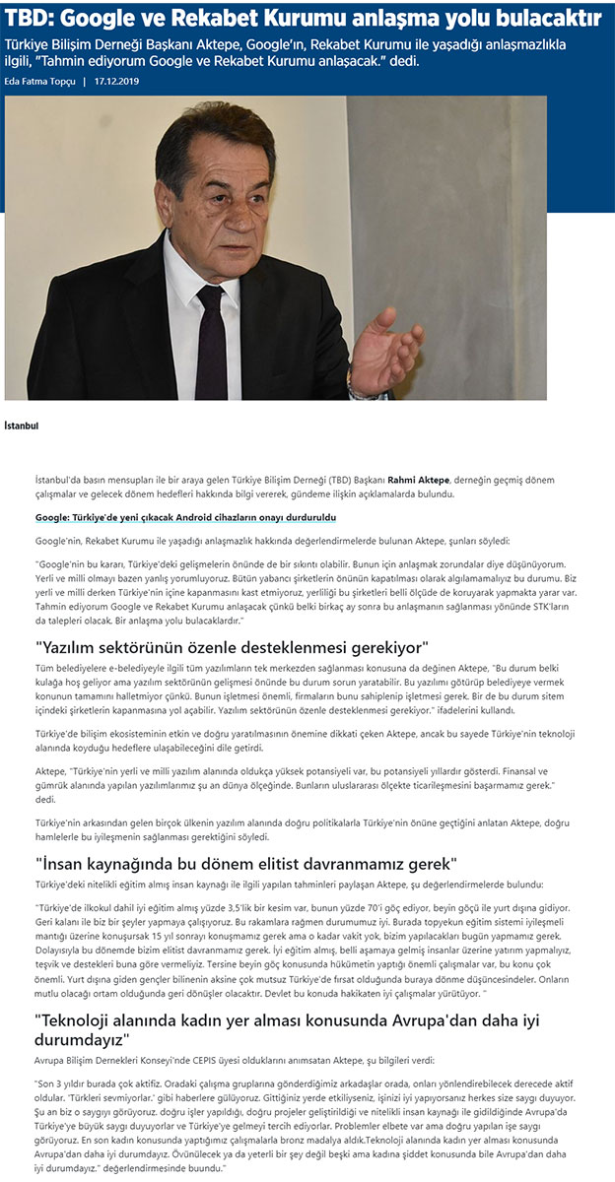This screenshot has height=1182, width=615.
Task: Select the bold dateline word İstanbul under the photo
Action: (x=22, y=426)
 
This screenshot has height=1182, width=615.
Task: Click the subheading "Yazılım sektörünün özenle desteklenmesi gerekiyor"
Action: (x=231, y=647)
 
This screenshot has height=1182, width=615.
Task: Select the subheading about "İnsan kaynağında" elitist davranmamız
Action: (x=245, y=864)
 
